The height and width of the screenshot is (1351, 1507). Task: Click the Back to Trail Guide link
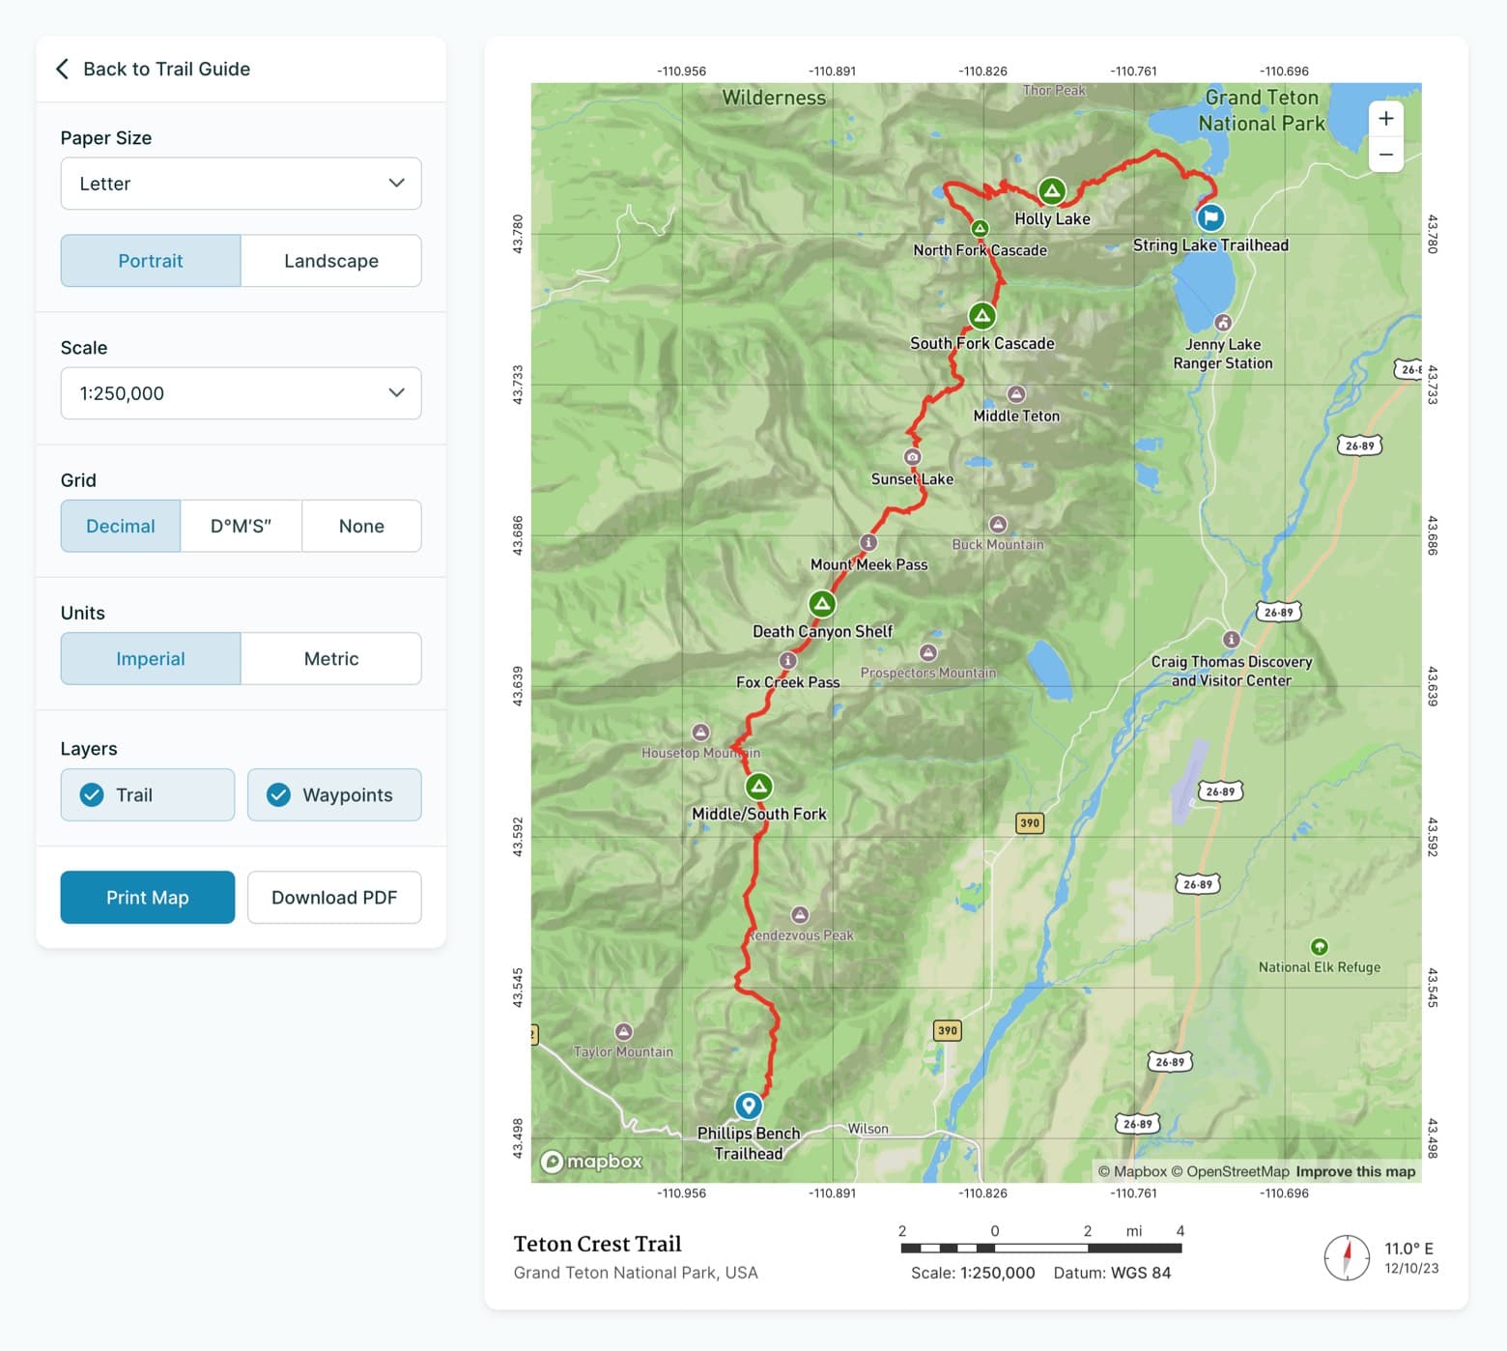click(155, 69)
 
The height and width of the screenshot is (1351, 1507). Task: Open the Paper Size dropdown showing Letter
click(241, 184)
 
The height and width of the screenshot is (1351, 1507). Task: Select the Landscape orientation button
click(330, 261)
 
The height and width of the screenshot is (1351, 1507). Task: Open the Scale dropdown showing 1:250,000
click(241, 393)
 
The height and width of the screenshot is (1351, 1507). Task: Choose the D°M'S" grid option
click(241, 526)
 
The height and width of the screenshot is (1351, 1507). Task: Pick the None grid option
click(361, 526)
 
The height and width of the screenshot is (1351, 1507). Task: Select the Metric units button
click(330, 659)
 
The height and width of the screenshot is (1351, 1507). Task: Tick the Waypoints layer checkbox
click(279, 794)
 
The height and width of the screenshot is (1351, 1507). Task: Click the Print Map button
click(147, 897)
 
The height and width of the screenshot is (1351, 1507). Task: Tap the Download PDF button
click(334, 897)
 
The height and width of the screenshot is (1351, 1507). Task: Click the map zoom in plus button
click(1385, 119)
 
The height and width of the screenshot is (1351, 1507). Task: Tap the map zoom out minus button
click(1385, 155)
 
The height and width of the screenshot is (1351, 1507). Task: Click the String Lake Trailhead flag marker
click(1210, 217)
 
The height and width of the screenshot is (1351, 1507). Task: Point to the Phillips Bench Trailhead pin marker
click(748, 1106)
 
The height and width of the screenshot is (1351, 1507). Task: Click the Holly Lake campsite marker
click(1051, 190)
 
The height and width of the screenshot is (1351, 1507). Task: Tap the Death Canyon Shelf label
click(822, 631)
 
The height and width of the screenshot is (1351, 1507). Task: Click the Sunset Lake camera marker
click(912, 456)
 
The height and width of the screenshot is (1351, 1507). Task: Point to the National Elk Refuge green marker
click(1319, 946)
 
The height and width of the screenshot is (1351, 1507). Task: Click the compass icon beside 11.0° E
click(1347, 1257)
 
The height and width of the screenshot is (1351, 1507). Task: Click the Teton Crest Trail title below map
click(597, 1244)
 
